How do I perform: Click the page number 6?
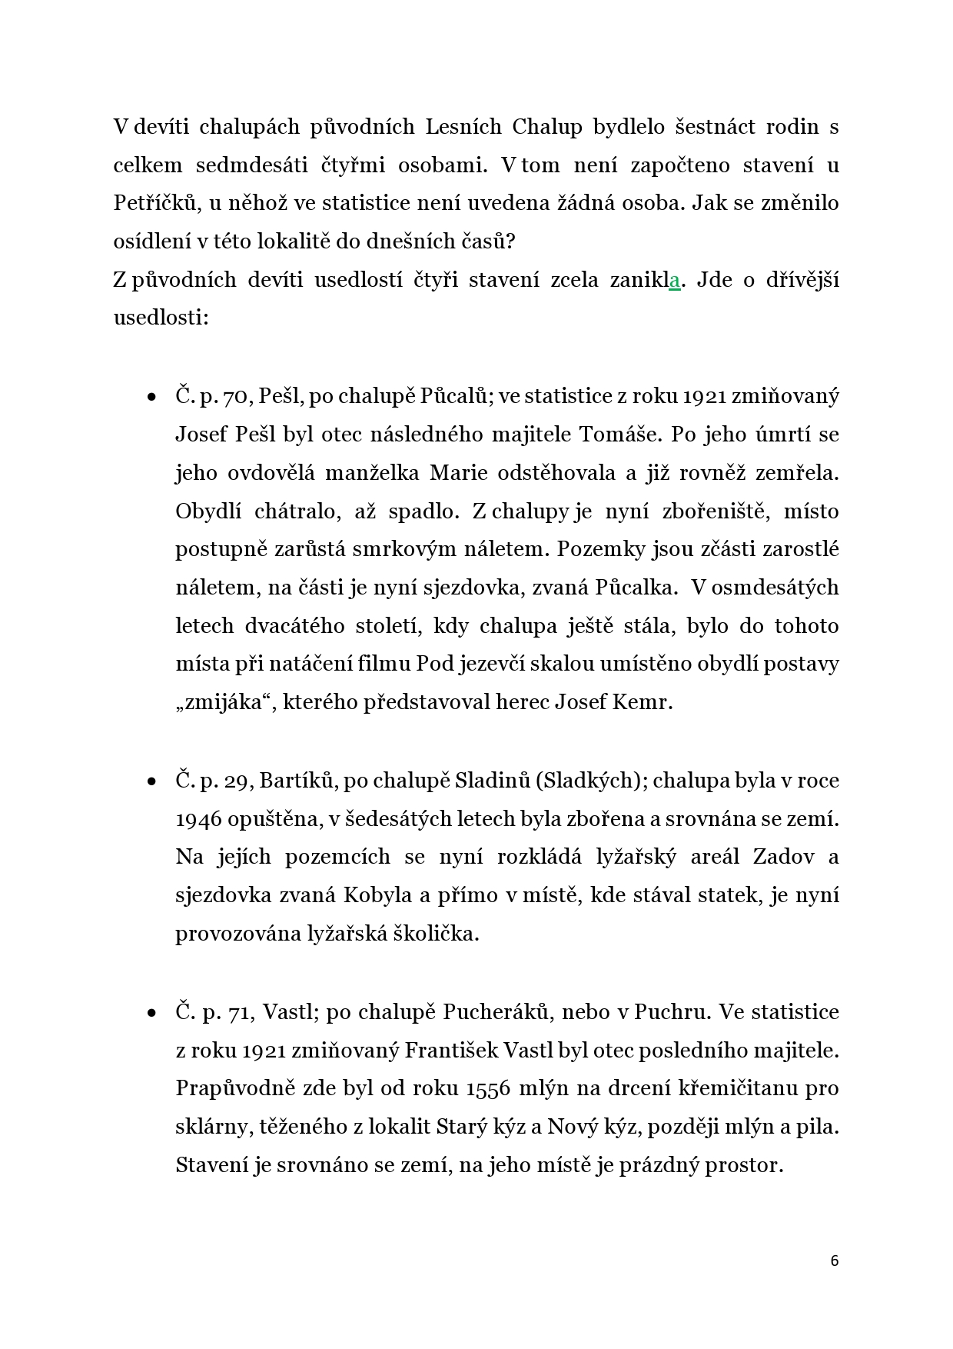[835, 1261]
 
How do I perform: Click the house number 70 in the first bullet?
[232, 397]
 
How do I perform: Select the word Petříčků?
[152, 204]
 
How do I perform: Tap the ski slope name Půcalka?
[636, 588]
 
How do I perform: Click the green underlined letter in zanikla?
[675, 281]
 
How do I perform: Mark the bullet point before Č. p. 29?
[151, 782]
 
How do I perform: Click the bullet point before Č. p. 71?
[151, 1014]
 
